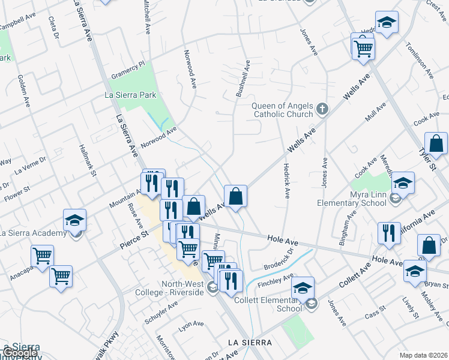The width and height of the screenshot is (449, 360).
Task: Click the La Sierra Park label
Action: [130, 95]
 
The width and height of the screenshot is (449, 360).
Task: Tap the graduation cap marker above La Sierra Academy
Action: [75, 220]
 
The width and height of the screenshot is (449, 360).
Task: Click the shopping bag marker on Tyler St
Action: [436, 144]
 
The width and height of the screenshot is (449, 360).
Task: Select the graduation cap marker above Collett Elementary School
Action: [303, 287]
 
